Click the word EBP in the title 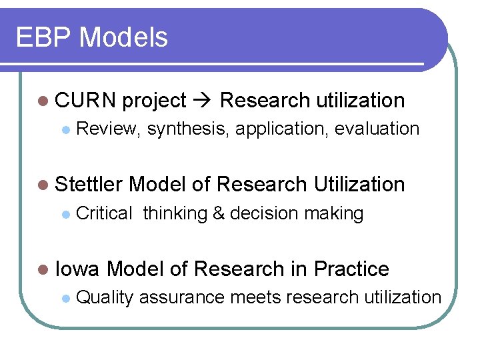[x=43, y=37]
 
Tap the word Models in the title [x=123, y=37]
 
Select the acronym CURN [x=85, y=101]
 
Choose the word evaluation [x=377, y=129]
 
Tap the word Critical [x=105, y=213]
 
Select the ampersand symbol [x=219, y=213]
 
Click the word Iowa [x=77, y=269]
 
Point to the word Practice [x=351, y=269]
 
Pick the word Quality [x=105, y=297]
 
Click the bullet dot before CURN [x=44, y=101]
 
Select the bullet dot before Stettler [x=44, y=185]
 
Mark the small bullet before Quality [x=65, y=298]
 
